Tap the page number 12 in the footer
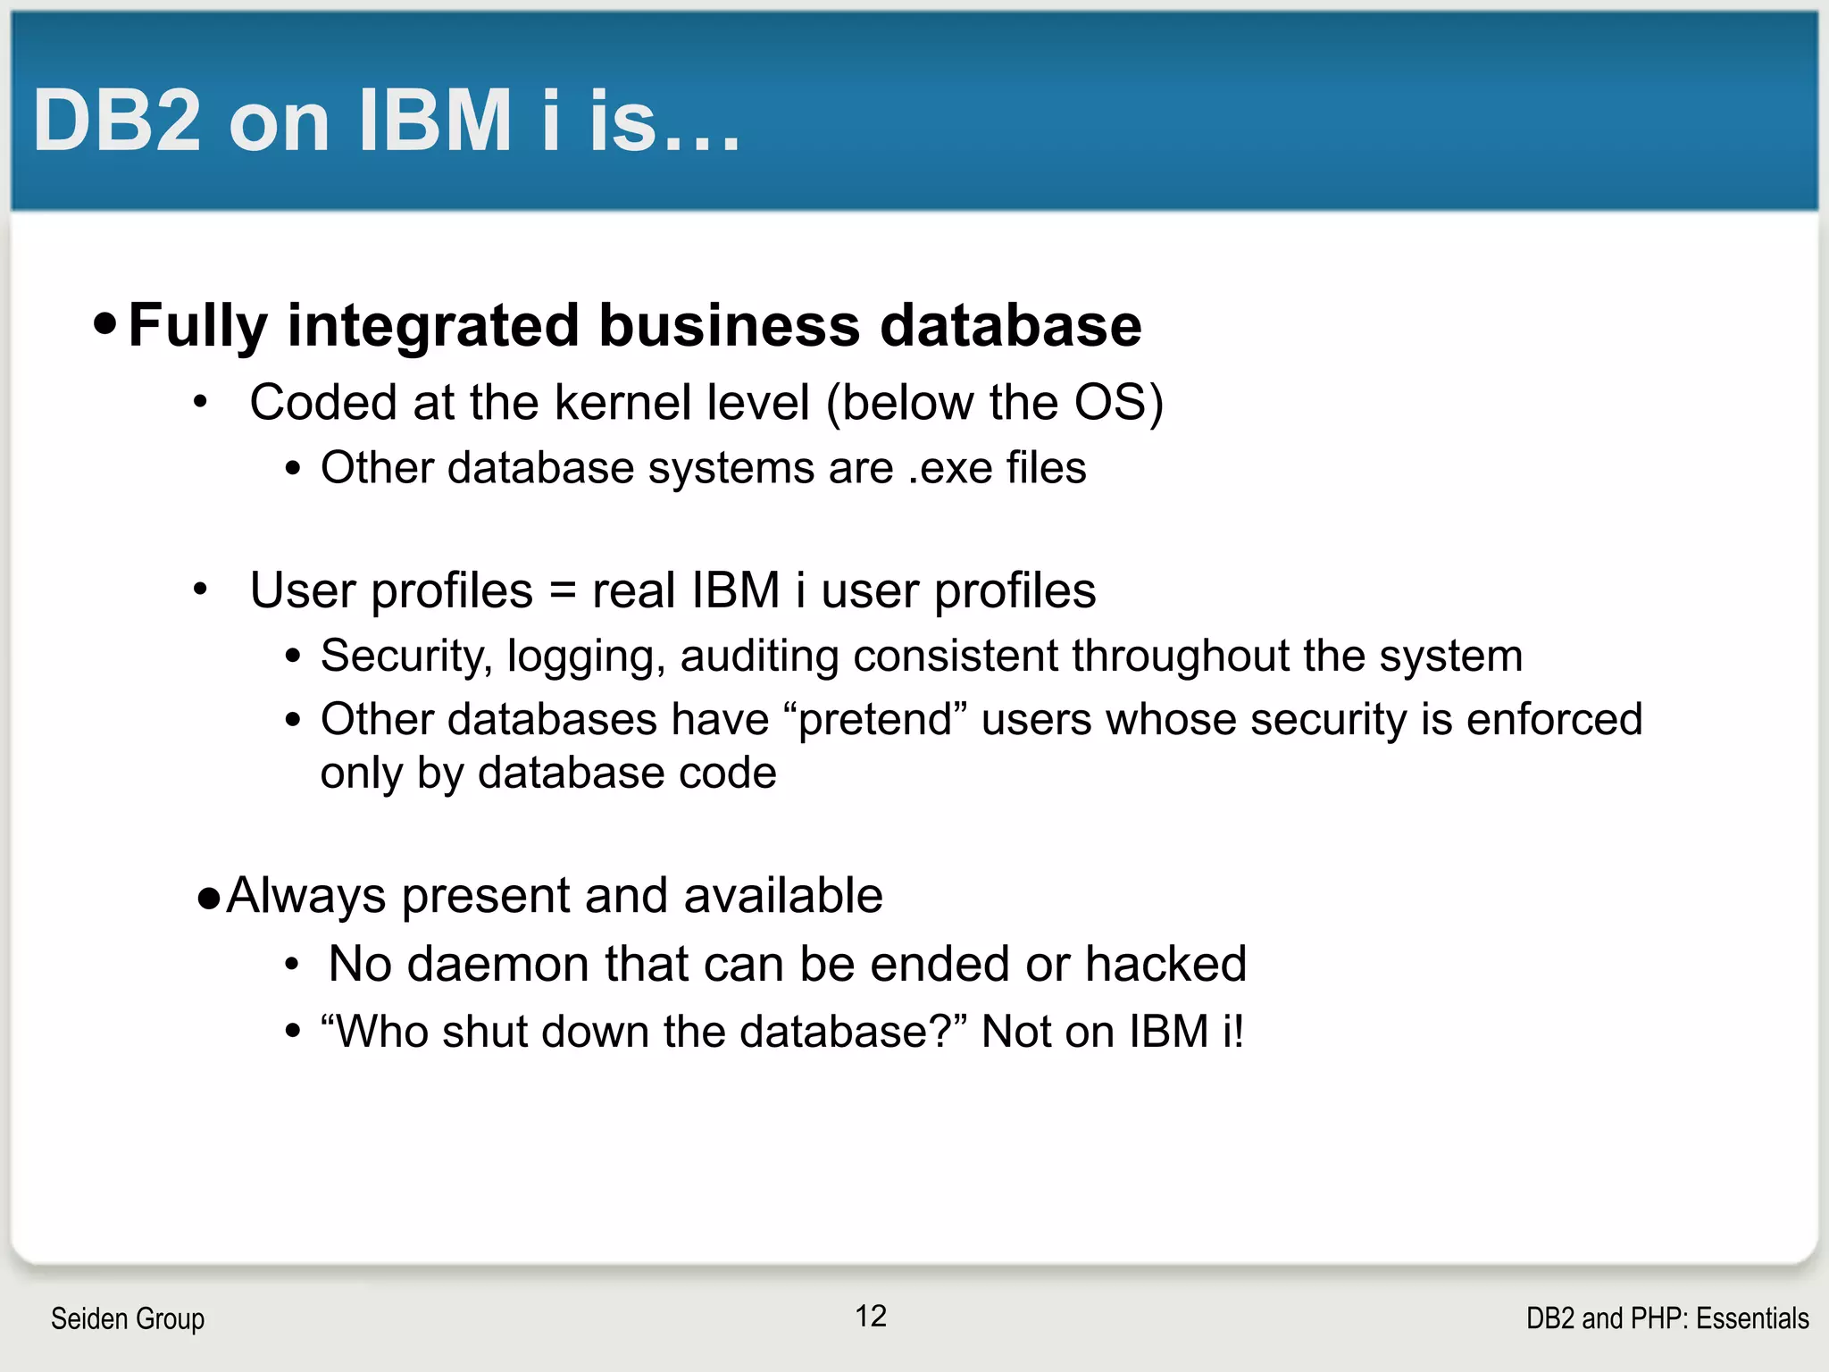click(871, 1316)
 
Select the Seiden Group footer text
click(128, 1318)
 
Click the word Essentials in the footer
click(1752, 1318)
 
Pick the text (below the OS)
click(994, 403)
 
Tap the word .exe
click(949, 468)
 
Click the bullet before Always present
click(209, 898)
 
